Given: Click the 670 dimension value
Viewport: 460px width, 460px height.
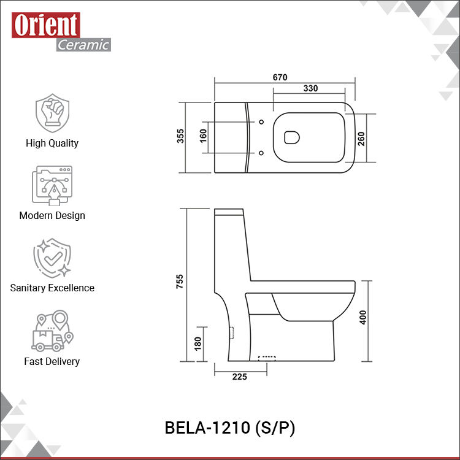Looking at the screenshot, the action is pos(280,77).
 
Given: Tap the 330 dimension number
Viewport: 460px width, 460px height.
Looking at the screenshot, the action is pos(310,88).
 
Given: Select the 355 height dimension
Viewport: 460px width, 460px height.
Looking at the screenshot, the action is pos(180,136).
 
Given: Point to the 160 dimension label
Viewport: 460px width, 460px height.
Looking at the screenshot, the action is pos(203,136).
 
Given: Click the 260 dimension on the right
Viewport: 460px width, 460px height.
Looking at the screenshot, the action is pos(361,139).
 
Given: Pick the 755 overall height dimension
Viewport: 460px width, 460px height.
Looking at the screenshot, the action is pos(180,282).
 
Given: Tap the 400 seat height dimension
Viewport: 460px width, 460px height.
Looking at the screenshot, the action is pos(363,318).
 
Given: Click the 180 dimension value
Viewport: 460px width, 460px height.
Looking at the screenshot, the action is pos(198,343).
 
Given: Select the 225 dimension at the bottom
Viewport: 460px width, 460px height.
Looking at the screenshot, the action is pos(240,377).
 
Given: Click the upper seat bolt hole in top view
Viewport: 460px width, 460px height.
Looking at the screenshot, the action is pos(261,122).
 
